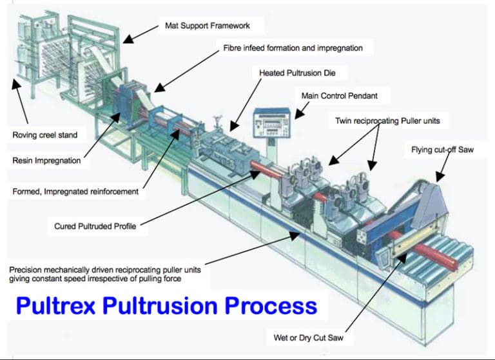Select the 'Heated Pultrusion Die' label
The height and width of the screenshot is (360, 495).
(x=297, y=73)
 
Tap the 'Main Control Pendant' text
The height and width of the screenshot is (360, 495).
(x=339, y=96)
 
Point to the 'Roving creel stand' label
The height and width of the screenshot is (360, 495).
(x=45, y=135)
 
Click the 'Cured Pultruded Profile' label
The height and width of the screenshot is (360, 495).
(x=95, y=226)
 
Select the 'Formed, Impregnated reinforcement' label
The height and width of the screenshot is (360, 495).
(x=75, y=192)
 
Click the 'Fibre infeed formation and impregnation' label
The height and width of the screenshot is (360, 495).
(x=293, y=48)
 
